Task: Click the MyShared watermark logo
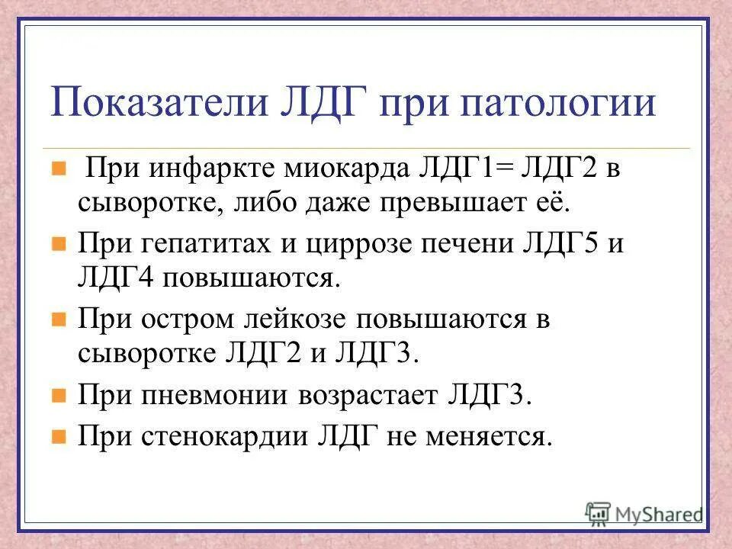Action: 644,513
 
